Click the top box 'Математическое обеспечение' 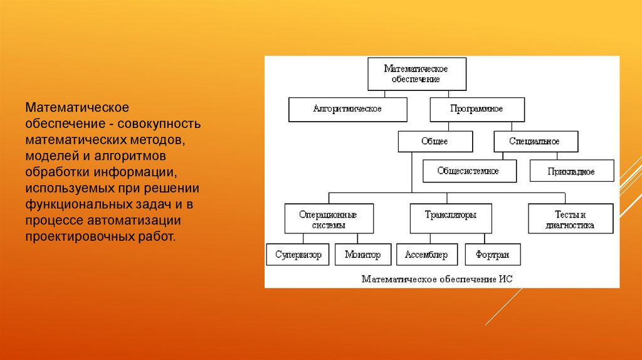tap(415, 73)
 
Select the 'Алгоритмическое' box tap(347, 109)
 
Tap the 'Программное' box tap(476, 109)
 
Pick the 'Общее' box tap(435, 141)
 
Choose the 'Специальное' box tap(535, 141)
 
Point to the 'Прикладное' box tap(571, 171)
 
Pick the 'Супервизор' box tap(298, 255)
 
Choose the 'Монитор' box tap(362, 255)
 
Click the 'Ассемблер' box tap(426, 255)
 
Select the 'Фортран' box tap(492, 255)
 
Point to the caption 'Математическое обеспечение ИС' tap(437, 278)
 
